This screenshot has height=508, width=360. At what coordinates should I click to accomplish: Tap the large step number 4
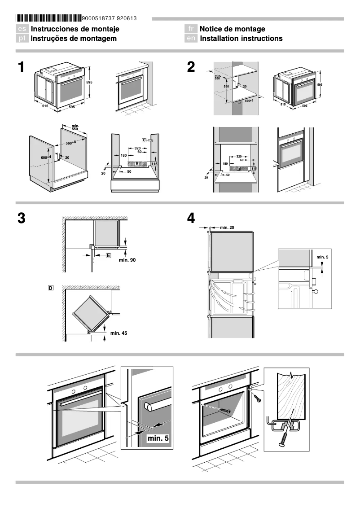(191, 219)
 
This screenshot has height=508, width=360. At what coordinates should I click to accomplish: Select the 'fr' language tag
(191, 29)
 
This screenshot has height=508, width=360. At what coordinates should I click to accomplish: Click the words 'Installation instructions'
(241, 39)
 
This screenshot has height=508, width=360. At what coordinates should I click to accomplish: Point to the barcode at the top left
(48, 18)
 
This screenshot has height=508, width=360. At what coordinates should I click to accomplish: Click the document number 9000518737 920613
(110, 18)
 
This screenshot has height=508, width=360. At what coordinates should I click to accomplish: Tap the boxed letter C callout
(145, 140)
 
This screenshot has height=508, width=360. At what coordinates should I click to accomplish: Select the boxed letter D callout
(51, 287)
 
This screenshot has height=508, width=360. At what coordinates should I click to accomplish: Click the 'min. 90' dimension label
(127, 260)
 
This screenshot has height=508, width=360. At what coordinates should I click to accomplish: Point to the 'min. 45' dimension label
(119, 333)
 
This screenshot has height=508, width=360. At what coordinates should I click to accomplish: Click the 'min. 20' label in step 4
(227, 228)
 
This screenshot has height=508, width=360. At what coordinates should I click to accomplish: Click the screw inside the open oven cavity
(224, 411)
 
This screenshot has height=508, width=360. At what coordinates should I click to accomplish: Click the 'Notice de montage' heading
(232, 29)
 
